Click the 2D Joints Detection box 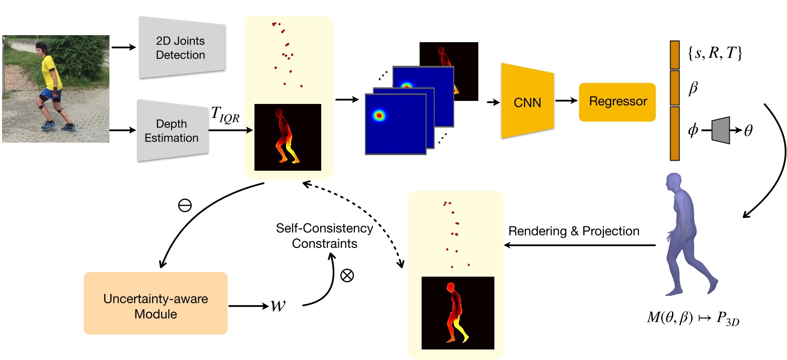[181, 48]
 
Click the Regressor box [617, 102]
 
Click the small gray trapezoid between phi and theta [721, 131]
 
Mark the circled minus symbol [185, 206]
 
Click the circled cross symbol [347, 275]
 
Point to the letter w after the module [276, 306]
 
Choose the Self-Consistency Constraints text [325, 236]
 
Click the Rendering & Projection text [574, 231]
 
